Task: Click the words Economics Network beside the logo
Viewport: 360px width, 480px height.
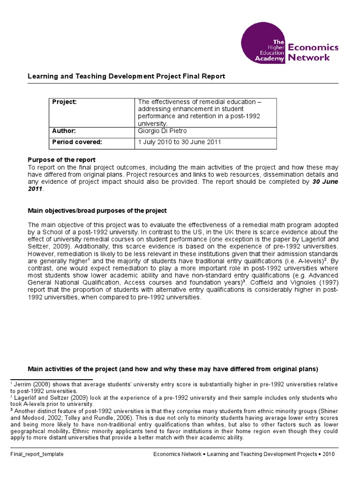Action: point(312,52)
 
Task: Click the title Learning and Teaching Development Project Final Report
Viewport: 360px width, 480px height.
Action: point(127,76)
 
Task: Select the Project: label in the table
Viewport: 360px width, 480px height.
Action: point(64,102)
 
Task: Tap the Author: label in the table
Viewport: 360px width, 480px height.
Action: point(63,132)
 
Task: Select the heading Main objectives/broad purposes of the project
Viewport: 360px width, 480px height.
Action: point(97,211)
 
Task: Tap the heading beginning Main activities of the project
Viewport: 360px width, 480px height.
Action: point(173,369)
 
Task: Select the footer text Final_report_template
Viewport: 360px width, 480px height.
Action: point(37,454)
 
